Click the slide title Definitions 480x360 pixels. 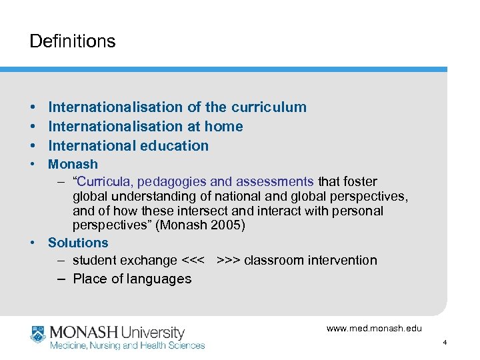click(x=72, y=41)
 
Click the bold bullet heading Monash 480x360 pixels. click(x=73, y=164)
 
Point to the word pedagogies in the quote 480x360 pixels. click(x=171, y=181)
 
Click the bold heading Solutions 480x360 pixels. click(x=78, y=243)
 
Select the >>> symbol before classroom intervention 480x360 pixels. click(x=228, y=260)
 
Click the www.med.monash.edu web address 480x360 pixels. click(x=374, y=328)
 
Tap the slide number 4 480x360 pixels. click(x=444, y=343)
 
